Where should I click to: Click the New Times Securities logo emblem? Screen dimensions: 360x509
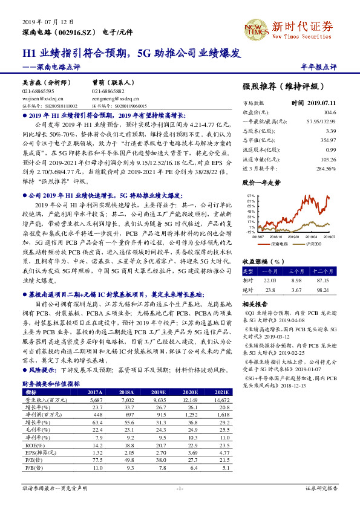point(255,27)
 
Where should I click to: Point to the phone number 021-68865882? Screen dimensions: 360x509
point(111,91)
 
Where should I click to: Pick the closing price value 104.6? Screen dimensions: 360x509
point(330,112)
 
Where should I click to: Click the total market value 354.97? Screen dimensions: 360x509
point(327,140)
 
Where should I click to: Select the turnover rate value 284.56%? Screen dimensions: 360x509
point(326,168)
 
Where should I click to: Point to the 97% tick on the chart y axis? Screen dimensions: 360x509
point(250,196)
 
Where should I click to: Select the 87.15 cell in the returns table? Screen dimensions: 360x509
point(327,280)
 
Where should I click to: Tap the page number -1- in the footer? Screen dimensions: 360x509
point(179,488)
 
